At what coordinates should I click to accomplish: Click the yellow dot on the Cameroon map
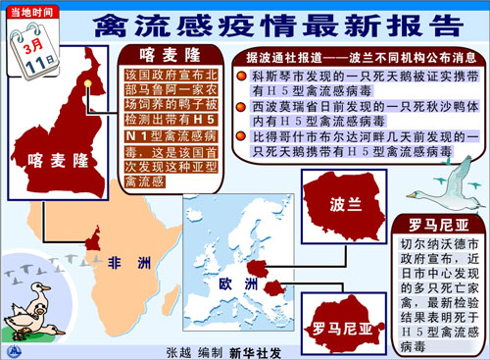(87, 83)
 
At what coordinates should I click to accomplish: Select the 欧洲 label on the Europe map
(237, 283)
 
